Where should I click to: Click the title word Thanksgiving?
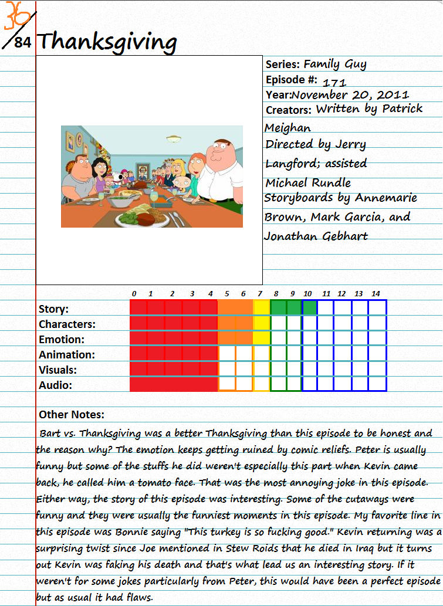pos(107,42)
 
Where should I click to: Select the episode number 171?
pos(334,83)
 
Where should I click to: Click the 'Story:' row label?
pos(53,309)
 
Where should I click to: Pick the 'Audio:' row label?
pos(55,385)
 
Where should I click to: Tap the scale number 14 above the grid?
pos(376,294)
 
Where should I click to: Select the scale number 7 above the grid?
pos(259,294)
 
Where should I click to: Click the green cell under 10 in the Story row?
pos(310,307)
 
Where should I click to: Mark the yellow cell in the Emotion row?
pos(262,338)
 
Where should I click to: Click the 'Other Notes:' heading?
pos(72,415)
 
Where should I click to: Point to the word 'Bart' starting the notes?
pos(50,434)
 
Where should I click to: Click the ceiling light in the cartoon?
pos(174,139)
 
